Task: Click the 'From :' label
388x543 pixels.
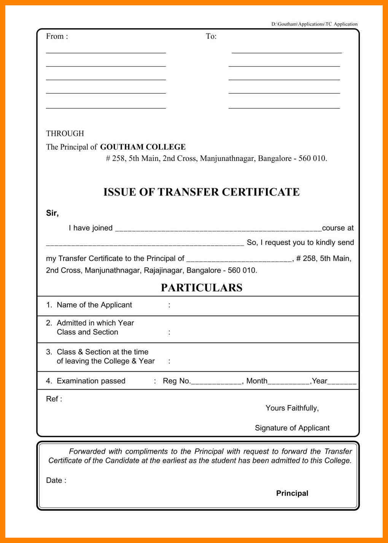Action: (x=57, y=36)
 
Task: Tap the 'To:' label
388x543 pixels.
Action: (x=211, y=36)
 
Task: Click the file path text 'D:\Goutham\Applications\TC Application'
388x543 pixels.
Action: (x=314, y=24)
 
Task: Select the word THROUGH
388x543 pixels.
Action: (x=65, y=134)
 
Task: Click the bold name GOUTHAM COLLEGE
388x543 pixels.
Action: (x=143, y=147)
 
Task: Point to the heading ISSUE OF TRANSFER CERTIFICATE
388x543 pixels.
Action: (x=201, y=192)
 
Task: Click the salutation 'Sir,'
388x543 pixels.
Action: (x=52, y=213)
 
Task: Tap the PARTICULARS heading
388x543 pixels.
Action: (x=201, y=288)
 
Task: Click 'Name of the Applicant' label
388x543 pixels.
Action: (x=94, y=305)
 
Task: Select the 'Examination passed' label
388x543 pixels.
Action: (x=91, y=381)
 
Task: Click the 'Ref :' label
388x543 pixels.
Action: (x=54, y=399)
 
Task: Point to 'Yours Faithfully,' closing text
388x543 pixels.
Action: (x=292, y=408)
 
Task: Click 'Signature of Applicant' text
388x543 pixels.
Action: (x=292, y=428)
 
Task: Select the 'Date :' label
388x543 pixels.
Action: (x=56, y=480)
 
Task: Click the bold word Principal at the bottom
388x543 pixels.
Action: (x=292, y=493)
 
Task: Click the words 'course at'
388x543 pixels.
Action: (x=338, y=228)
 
